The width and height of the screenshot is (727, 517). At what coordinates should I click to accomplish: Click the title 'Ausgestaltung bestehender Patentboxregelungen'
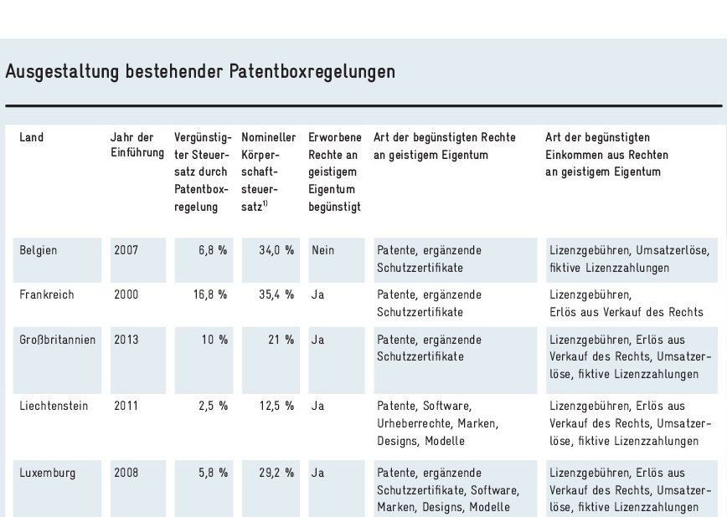200,72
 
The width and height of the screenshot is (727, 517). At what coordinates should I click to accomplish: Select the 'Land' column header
32,137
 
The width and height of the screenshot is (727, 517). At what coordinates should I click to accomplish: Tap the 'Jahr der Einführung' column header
132,146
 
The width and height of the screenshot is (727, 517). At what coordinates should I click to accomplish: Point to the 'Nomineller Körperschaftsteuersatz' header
268,171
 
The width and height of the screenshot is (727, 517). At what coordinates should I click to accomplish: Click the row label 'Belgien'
39,250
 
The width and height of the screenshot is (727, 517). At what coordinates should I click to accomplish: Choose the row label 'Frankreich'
46,295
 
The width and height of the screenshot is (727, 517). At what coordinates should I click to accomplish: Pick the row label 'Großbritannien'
57,340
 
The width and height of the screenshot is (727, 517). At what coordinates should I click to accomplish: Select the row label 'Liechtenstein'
54,406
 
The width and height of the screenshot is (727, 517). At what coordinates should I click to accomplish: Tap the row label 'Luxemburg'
47,473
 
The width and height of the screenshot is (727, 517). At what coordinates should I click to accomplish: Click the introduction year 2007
126,250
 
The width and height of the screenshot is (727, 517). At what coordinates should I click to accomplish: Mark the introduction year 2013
126,340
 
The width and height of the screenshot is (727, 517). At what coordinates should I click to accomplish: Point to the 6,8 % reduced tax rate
213,250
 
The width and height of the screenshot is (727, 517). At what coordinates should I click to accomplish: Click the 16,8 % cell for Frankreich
209,295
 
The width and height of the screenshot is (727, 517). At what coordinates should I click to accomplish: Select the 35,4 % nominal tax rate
276,295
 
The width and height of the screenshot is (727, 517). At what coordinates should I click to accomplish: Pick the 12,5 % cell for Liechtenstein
276,406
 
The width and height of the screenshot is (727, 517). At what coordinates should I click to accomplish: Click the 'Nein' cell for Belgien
322,250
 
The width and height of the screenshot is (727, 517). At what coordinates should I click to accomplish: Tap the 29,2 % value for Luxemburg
276,473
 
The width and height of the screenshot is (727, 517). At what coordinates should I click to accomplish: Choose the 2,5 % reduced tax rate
213,406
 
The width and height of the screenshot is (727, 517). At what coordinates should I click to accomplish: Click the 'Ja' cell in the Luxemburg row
317,473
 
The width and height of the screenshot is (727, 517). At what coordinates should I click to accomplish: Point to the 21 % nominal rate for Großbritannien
281,340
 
